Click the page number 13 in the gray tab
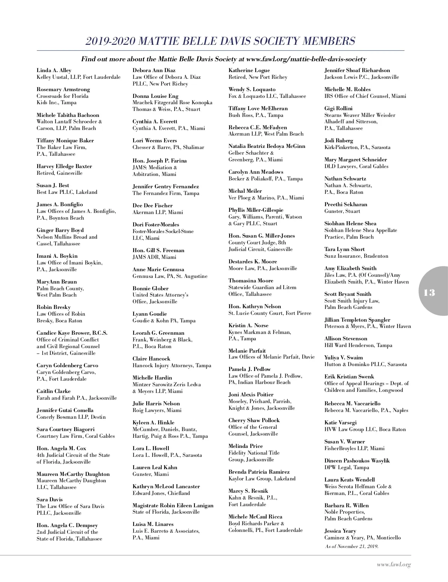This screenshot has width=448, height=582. (429, 292)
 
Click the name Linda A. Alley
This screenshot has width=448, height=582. (54, 70)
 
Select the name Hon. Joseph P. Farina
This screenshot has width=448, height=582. (159, 161)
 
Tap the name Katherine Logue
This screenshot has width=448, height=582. (249, 70)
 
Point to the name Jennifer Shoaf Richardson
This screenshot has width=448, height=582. (357, 70)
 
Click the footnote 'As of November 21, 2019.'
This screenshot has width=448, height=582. (352, 546)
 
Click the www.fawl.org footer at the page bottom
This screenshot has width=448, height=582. (393, 565)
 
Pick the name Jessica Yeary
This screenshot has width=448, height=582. (340, 531)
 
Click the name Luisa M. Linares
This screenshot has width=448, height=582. (153, 524)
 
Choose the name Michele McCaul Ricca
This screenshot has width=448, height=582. (255, 517)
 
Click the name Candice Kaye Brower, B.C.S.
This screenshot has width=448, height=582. (72, 333)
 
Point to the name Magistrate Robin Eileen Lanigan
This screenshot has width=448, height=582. (173, 505)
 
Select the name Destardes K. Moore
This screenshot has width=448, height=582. (253, 261)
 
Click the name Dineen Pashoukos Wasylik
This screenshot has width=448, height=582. (357, 461)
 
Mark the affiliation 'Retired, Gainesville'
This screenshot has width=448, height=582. (59, 173)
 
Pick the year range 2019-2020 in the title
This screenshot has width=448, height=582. (110, 41)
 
